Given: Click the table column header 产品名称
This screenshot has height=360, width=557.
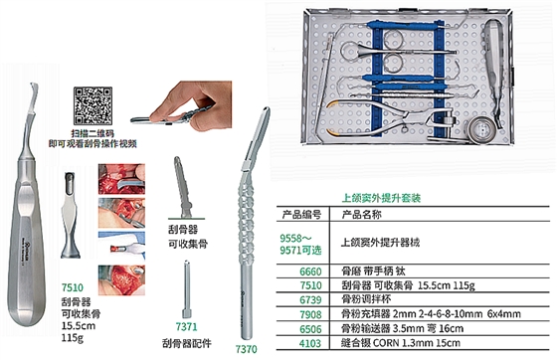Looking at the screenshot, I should click(362, 213).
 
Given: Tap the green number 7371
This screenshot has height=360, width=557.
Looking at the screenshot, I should click(185, 324).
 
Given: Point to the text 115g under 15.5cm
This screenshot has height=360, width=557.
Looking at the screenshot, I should click(71, 336).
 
